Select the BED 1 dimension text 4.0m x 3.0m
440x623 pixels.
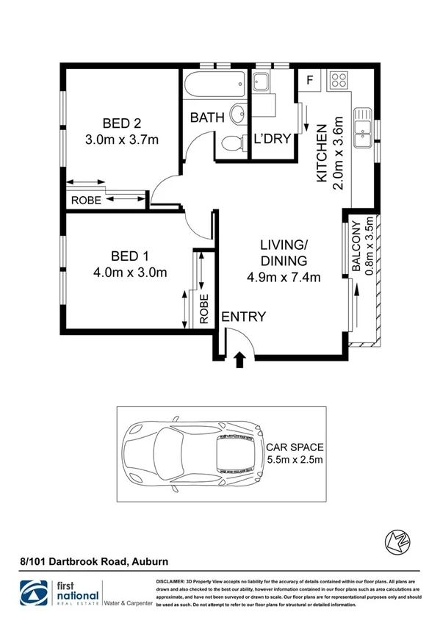[129, 272]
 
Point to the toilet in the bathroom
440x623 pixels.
[231, 143]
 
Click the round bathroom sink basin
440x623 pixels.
[238, 115]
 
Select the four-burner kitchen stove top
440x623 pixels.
[339, 79]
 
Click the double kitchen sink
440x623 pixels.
[363, 129]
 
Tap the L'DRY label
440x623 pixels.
[273, 138]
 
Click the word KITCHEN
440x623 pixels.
[322, 154]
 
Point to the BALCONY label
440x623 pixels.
[356, 247]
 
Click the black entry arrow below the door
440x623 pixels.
[239, 359]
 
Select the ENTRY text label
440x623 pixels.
[243, 317]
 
